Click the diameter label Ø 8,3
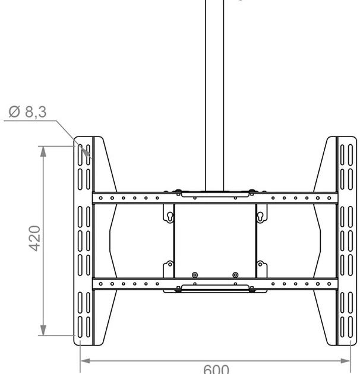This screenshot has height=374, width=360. [x=28, y=111]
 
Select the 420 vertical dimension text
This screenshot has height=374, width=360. [x=35, y=238]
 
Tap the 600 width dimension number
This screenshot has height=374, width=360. [x=216, y=369]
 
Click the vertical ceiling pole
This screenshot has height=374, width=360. [x=214, y=89]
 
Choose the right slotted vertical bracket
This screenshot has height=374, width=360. [x=346, y=240]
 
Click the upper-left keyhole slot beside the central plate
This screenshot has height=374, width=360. [x=169, y=216]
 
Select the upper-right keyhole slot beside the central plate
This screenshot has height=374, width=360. [x=260, y=216]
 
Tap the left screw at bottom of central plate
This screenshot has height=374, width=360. [x=195, y=275]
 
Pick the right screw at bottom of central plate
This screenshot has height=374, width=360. [x=235, y=275]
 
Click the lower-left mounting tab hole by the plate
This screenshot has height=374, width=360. [x=169, y=265]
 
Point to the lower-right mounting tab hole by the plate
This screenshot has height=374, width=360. [x=260, y=265]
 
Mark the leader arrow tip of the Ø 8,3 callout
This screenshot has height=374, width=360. [x=89, y=156]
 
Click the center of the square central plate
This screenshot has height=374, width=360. [x=215, y=241]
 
